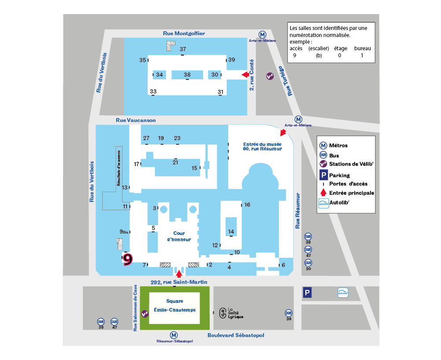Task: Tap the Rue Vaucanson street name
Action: click(136, 120)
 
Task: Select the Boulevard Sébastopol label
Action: click(236, 335)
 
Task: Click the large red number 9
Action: click(127, 259)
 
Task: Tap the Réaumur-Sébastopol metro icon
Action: click(174, 335)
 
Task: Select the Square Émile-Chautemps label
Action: click(174, 305)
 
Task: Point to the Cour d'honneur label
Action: click(179, 236)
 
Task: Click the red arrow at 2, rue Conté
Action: click(245, 75)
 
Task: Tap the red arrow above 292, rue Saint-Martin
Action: click(178, 273)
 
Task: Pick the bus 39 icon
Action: click(289, 313)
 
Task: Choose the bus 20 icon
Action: click(308, 263)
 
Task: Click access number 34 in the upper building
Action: click(159, 75)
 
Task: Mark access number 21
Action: click(175, 162)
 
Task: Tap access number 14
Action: click(231, 231)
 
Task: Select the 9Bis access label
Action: click(124, 232)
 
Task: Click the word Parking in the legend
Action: click(339, 175)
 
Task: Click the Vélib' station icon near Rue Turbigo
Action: click(270, 76)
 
